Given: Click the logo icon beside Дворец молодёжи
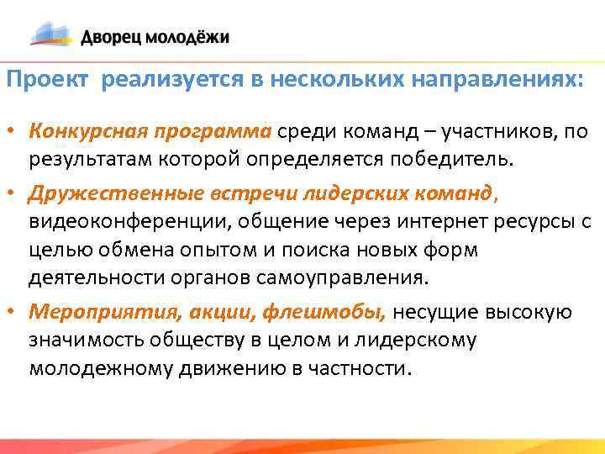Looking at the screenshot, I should pos(52,34).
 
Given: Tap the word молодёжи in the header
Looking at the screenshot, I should pos(187,37).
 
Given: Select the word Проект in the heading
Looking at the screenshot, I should pos(47,80).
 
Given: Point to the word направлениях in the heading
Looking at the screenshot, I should pos(497,80).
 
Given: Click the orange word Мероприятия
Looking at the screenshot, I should pos(98,313).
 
